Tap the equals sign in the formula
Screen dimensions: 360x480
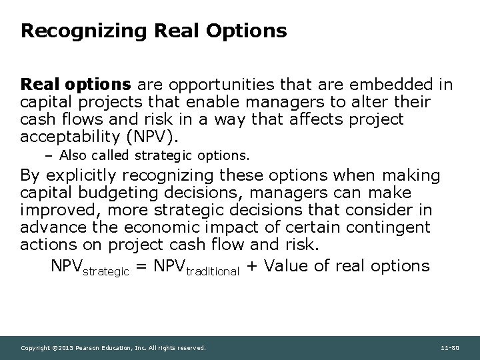[x=141, y=267]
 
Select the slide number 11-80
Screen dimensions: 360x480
[x=450, y=348]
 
